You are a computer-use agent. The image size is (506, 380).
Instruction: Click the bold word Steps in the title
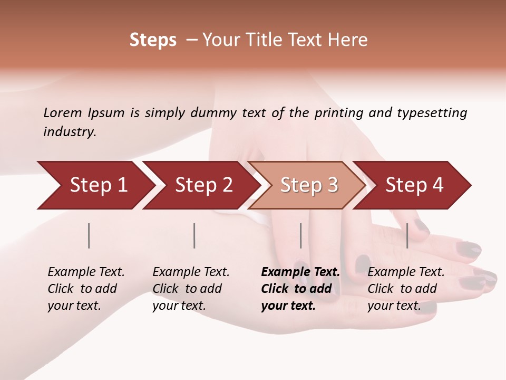coord(153,40)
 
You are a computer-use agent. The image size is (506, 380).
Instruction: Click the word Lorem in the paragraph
coord(63,112)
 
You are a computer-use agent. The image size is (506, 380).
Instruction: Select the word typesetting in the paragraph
coord(432,113)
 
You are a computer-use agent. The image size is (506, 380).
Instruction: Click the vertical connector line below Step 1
coord(89,235)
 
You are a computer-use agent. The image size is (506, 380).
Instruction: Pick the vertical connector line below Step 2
coord(194,235)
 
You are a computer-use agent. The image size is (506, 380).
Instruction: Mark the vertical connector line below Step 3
coord(300,235)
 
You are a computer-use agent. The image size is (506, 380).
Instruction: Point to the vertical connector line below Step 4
coord(407,235)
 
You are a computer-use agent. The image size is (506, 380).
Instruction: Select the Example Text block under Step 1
coord(86,289)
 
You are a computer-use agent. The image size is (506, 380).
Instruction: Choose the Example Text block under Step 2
coord(191,289)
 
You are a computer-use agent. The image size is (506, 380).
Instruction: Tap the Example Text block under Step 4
coord(406,289)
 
